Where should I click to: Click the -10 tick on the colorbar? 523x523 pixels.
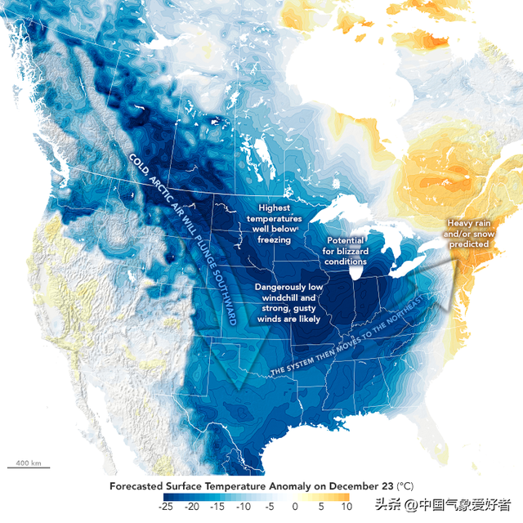click(x=244, y=507)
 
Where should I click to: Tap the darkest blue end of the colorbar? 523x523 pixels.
click(x=168, y=497)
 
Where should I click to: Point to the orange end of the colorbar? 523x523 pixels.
click(x=345, y=497)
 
